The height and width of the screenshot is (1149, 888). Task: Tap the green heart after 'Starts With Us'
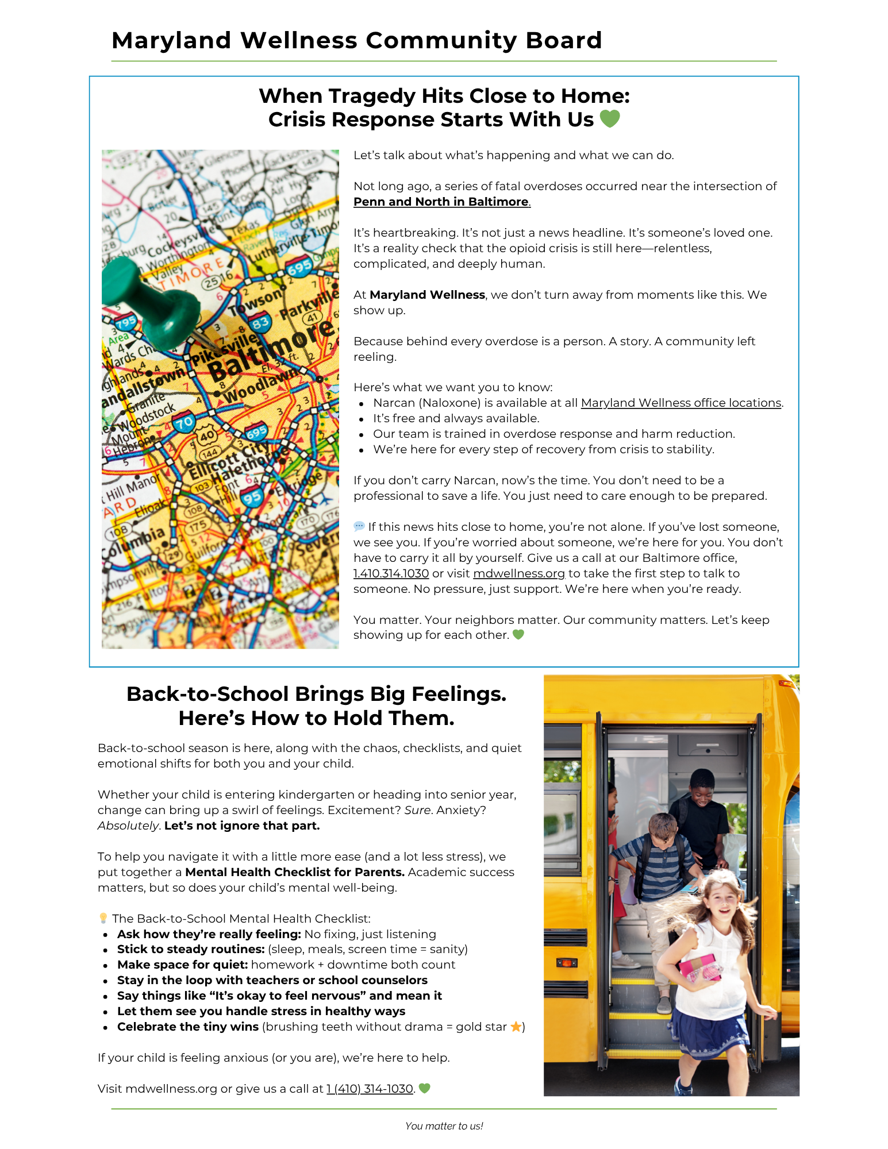[610, 119]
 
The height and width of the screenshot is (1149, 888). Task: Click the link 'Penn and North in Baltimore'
[441, 202]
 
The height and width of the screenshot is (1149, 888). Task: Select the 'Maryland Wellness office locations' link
[681, 403]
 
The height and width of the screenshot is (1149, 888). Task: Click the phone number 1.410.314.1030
[391, 573]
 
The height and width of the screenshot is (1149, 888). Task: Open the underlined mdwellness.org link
[518, 573]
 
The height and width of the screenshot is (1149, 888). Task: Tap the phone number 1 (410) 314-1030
[370, 1089]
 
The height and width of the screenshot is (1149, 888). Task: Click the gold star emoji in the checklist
[516, 1027]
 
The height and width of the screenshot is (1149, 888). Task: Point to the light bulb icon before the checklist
[103, 918]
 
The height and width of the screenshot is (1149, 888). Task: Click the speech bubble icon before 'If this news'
[359, 526]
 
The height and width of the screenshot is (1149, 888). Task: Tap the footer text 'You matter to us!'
[444, 1126]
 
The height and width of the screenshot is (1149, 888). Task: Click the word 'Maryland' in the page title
[171, 40]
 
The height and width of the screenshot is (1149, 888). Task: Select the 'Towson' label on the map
[255, 301]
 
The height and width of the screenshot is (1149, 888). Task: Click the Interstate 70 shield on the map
[183, 423]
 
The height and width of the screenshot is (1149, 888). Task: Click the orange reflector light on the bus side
[567, 962]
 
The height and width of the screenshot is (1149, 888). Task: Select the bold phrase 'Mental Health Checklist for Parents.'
[295, 872]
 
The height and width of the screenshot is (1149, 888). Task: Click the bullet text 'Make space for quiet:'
[182, 965]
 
